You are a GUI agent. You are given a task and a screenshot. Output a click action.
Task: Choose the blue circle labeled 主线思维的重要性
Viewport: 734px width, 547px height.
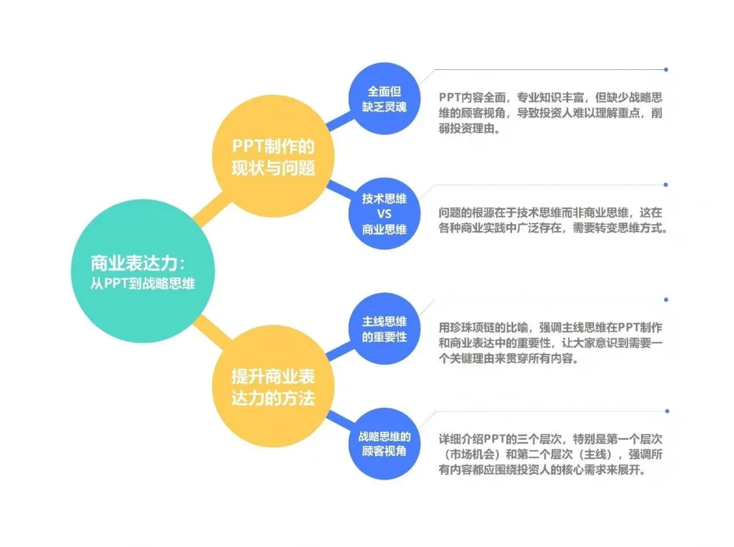tap(384, 328)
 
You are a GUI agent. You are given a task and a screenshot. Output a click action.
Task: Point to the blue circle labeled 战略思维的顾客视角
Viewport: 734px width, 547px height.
tap(384, 443)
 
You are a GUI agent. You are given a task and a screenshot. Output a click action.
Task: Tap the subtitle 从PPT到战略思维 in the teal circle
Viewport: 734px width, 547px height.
tap(143, 284)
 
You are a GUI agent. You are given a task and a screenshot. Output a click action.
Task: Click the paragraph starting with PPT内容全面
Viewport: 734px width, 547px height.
tap(550, 112)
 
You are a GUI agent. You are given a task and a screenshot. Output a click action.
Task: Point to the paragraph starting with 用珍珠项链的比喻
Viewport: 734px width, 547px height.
tap(550, 343)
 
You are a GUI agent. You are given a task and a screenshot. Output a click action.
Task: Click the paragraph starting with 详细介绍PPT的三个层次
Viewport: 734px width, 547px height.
tap(550, 453)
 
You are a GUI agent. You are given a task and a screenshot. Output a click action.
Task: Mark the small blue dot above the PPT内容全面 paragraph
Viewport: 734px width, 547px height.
tap(665, 69)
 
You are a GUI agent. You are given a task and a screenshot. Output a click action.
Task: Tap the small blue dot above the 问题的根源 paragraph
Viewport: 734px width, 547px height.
tap(665, 184)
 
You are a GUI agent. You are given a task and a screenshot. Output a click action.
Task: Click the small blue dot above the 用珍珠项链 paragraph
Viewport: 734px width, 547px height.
tap(665, 298)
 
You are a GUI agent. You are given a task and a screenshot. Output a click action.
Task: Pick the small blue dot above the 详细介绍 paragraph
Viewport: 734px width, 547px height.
tap(665, 410)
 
